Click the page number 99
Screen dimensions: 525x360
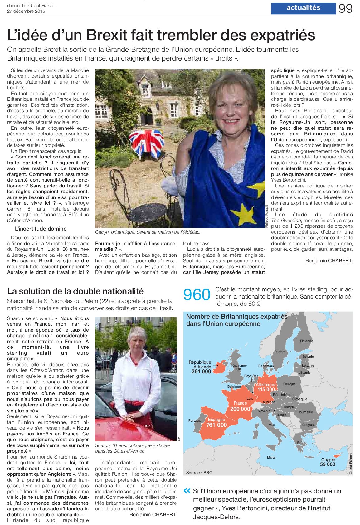click(x=345, y=8)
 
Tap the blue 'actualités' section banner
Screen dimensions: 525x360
click(x=303, y=8)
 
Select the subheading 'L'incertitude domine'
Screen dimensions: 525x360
click(x=41, y=229)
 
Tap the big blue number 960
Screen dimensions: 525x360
click(x=197, y=295)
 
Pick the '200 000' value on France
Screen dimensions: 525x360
click(x=240, y=409)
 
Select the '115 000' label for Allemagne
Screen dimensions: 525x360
click(x=266, y=390)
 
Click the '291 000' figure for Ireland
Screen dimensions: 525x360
click(x=201, y=372)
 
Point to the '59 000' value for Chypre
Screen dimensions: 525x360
click(x=328, y=464)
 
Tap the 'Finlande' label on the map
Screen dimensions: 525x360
click(x=306, y=341)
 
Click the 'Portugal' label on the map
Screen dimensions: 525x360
click(x=195, y=420)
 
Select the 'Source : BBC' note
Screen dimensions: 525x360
click(x=199, y=473)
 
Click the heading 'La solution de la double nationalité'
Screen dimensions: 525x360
click(x=75, y=291)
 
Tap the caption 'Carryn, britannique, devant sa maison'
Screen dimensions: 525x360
click(x=148, y=232)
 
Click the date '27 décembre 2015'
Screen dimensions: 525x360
click(x=26, y=11)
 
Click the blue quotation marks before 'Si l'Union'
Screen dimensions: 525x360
click(x=187, y=491)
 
